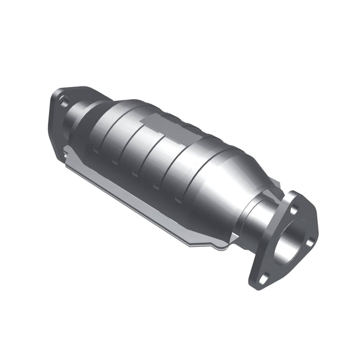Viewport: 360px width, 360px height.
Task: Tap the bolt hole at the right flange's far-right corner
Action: pos(310,242)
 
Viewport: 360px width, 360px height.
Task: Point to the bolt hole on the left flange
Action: pos(64,102)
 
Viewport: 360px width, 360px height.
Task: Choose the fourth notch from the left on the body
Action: pos(155,186)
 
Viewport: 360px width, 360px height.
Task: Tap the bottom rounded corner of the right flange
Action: pos(257,285)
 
